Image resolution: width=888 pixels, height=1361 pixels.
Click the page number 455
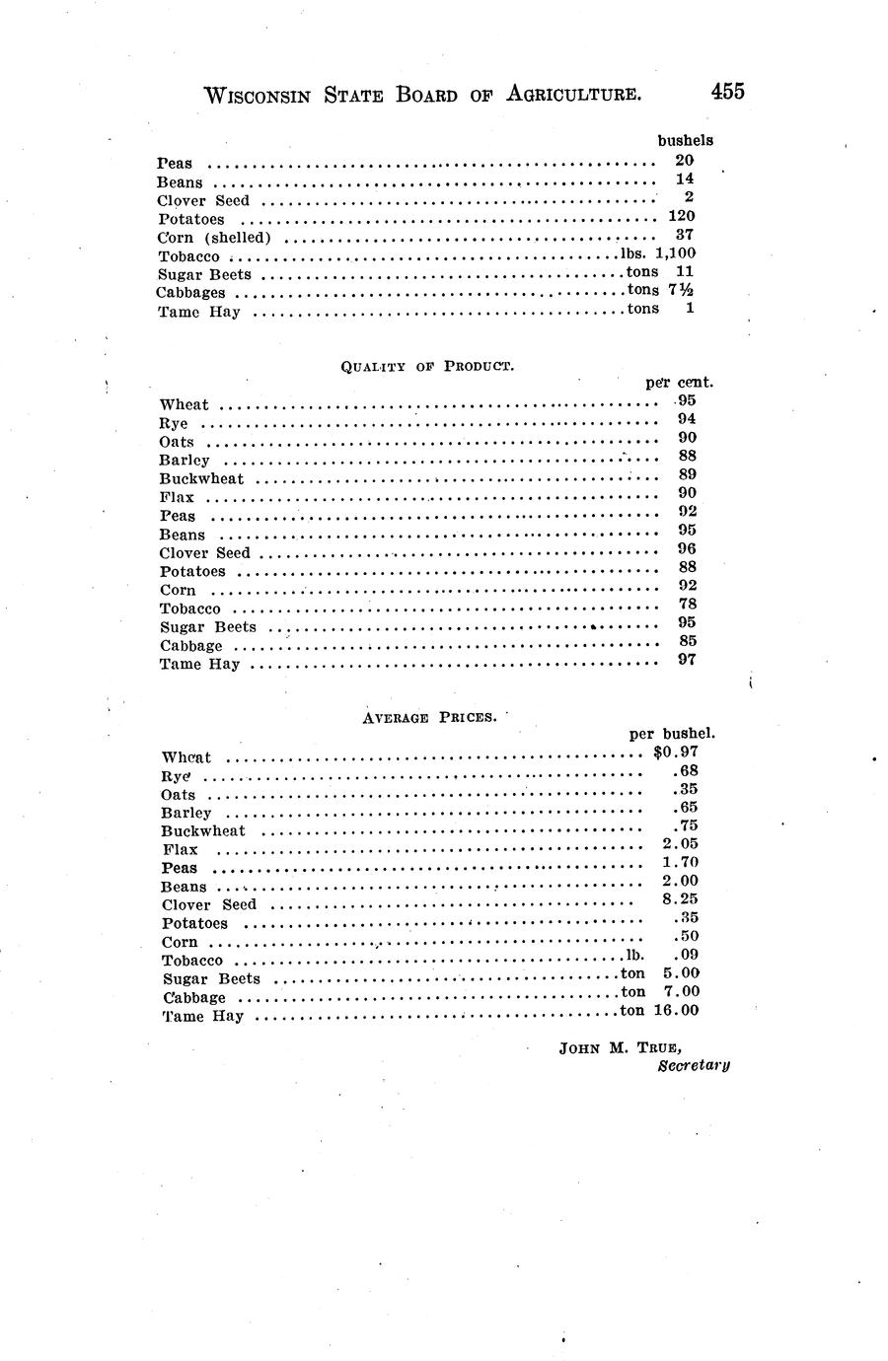tap(726, 91)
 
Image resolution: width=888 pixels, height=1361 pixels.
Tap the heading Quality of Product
tap(427, 366)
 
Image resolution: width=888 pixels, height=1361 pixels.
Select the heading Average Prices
tap(428, 717)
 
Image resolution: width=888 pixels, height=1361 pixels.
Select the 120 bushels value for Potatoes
tap(682, 216)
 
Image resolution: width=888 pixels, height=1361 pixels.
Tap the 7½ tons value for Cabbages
tap(681, 290)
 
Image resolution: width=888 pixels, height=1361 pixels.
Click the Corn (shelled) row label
tap(214, 238)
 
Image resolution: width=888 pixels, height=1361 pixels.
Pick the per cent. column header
tap(679, 382)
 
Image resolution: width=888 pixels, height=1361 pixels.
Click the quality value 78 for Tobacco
tap(688, 604)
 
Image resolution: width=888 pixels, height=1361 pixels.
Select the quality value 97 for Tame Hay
tap(687, 659)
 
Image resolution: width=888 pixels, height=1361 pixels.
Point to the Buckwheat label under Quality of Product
tap(201, 479)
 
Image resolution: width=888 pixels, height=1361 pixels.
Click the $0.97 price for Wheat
tap(676, 752)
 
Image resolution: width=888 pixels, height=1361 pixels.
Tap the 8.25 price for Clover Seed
tap(681, 899)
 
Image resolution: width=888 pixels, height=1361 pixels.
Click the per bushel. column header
tap(672, 734)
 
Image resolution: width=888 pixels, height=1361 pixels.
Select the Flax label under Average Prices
tap(180, 849)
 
